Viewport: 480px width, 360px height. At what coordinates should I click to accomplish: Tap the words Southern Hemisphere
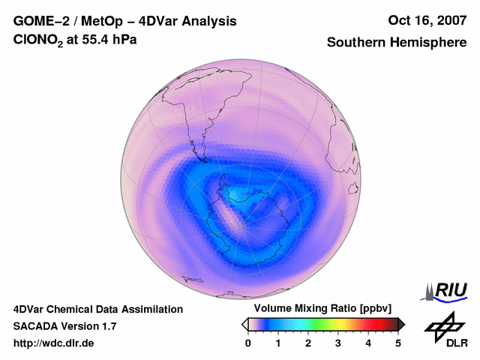click(396, 43)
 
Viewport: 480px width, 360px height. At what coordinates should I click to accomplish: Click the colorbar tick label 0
click(248, 343)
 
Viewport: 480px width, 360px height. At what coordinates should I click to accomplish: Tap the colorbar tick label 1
click(278, 343)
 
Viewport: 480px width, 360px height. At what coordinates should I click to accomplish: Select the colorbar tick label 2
click(308, 343)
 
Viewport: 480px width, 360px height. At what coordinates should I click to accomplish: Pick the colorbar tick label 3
click(338, 343)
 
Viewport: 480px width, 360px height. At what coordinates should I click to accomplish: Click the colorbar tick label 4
click(368, 343)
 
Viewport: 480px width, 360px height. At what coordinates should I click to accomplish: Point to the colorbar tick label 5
click(398, 343)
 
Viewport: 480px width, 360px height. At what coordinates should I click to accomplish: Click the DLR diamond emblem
click(441, 325)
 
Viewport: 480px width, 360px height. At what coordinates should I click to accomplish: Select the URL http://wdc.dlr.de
click(54, 343)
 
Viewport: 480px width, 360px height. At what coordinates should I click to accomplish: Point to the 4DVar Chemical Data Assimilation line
click(97, 309)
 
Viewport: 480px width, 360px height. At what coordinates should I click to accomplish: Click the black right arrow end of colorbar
click(401, 324)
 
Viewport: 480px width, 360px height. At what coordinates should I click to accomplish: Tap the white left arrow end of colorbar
click(244, 324)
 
